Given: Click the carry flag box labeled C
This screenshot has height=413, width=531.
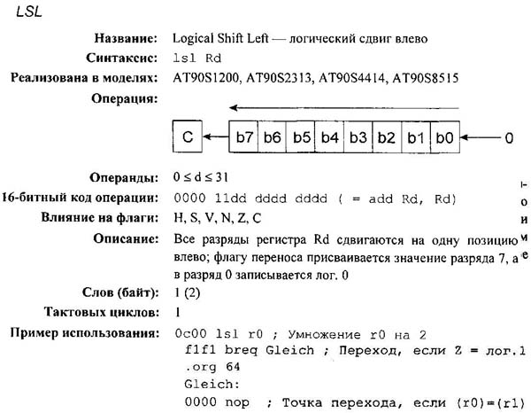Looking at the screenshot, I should pyautogui.click(x=187, y=137).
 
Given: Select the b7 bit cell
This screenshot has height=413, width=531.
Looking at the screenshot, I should pyautogui.click(x=245, y=137).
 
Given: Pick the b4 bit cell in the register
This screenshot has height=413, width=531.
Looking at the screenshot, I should pyautogui.click(x=330, y=137).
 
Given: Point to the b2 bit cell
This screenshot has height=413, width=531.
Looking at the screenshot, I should pyautogui.click(x=387, y=137).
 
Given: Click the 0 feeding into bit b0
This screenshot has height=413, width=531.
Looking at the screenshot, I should pyautogui.click(x=508, y=138).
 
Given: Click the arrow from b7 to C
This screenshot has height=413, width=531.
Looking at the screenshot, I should pyautogui.click(x=216, y=137).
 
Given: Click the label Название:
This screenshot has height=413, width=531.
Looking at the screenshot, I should pyautogui.click(x=125, y=39).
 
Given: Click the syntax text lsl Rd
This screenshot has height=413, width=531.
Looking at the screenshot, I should pyautogui.click(x=196, y=58).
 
